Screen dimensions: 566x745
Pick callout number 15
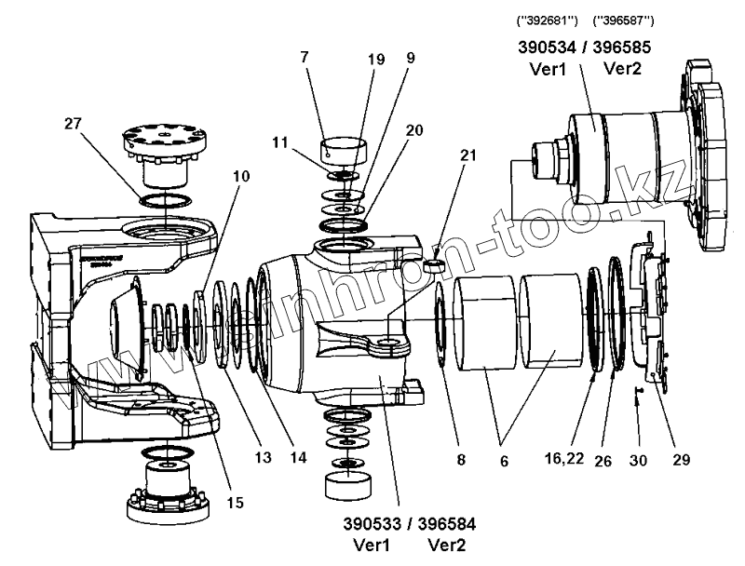234,504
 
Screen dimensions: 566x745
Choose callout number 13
264,457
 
